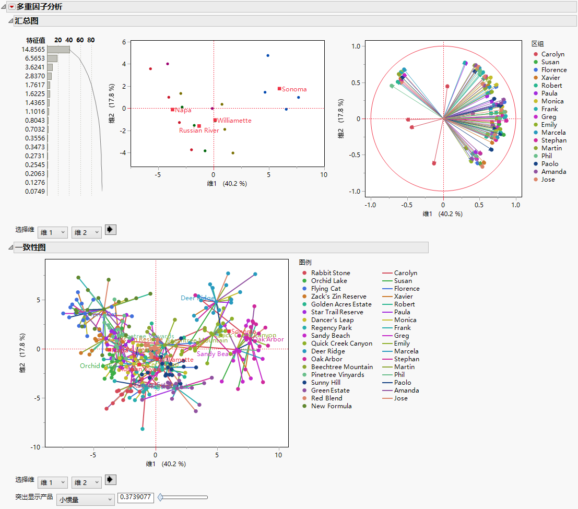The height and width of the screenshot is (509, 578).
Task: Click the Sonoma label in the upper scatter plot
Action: click(x=295, y=89)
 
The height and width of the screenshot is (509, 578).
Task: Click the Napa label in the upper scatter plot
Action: click(x=183, y=110)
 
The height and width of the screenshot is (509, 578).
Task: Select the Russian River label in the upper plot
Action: click(x=199, y=131)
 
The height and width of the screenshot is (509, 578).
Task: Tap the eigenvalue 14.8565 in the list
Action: click(x=33, y=49)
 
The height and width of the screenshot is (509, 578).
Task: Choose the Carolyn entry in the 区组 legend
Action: click(x=552, y=54)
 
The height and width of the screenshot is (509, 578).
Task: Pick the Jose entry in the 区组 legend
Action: click(x=548, y=180)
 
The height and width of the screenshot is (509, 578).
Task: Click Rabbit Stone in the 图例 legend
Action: click(x=330, y=273)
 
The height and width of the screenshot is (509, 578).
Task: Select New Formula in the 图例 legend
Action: click(x=331, y=406)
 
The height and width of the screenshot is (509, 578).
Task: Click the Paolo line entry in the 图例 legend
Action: click(x=403, y=383)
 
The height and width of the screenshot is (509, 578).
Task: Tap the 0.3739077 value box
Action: click(x=136, y=498)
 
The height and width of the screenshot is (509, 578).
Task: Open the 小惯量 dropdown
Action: click(x=85, y=500)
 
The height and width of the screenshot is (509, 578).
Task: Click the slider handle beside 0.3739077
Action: click(x=161, y=498)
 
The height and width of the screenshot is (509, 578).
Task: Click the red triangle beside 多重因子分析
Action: click(x=12, y=7)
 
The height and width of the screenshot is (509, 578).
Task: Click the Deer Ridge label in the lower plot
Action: click(x=197, y=298)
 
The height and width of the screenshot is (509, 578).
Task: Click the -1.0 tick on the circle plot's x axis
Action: click(x=370, y=205)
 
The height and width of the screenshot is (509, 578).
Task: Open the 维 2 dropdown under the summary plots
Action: click(x=86, y=232)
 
